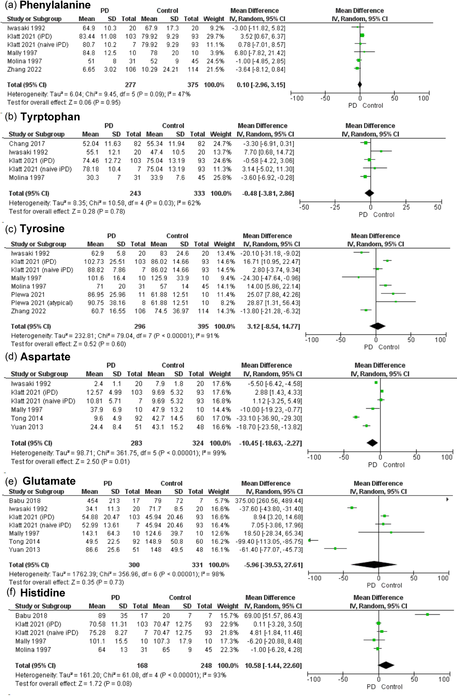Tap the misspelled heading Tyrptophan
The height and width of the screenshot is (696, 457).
coord(50,117)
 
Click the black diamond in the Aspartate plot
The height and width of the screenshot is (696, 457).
coord(372,443)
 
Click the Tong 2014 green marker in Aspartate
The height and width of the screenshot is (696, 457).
coord(356,417)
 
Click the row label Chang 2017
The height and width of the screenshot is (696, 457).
coord(27,144)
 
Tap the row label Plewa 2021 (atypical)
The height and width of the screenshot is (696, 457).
coord(42,303)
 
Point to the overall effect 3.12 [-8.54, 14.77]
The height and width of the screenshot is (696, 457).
coord(273,326)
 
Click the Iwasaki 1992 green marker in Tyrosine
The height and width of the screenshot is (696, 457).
coord(361,252)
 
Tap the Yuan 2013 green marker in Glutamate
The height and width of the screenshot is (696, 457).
coord(335,548)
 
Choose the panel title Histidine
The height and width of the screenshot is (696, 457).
coord(43,592)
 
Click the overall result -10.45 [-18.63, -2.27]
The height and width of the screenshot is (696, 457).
coord(271,443)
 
